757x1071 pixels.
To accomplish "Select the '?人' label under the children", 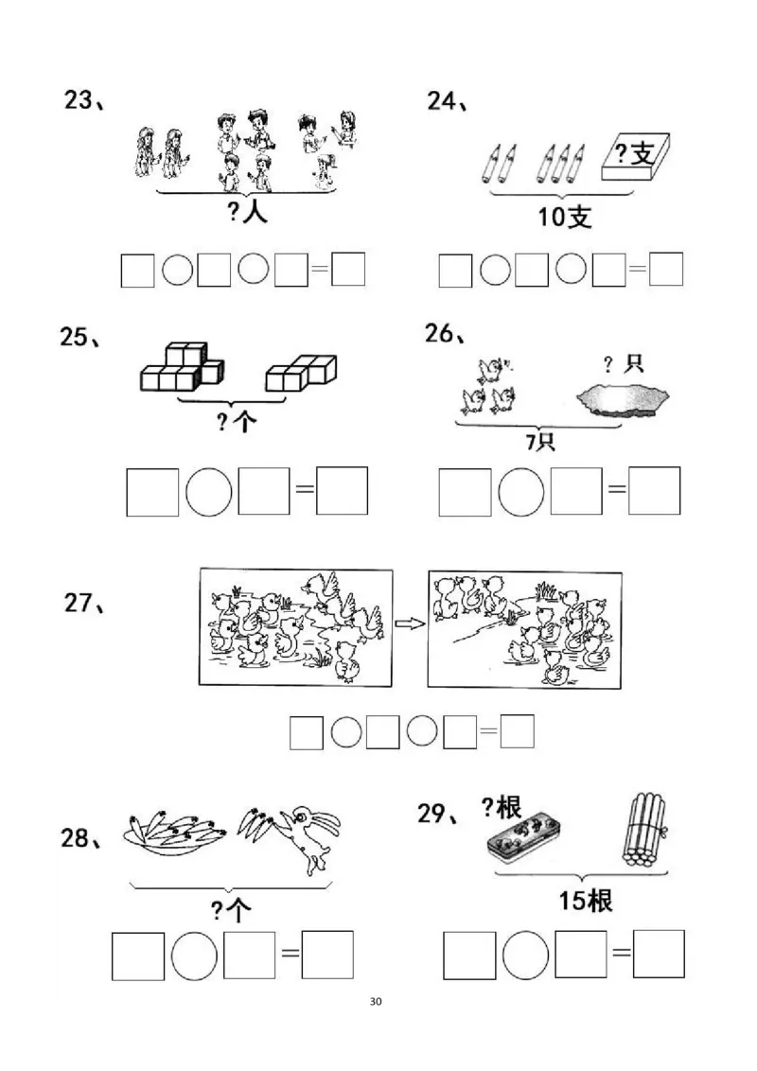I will click(248, 212).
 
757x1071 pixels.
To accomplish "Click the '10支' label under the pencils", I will click(564, 217).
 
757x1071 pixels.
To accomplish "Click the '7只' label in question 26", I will click(540, 442).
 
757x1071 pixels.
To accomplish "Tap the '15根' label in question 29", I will click(585, 900).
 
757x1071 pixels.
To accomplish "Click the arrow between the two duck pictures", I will click(408, 623).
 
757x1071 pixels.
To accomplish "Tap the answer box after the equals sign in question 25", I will click(342, 491).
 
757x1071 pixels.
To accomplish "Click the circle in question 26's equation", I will click(521, 491).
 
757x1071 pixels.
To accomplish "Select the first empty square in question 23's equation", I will click(137, 271).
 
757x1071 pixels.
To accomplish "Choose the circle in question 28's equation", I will click(195, 956).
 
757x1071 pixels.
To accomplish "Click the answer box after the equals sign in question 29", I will click(659, 954).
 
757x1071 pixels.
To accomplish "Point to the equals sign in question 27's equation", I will click(488, 731).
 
